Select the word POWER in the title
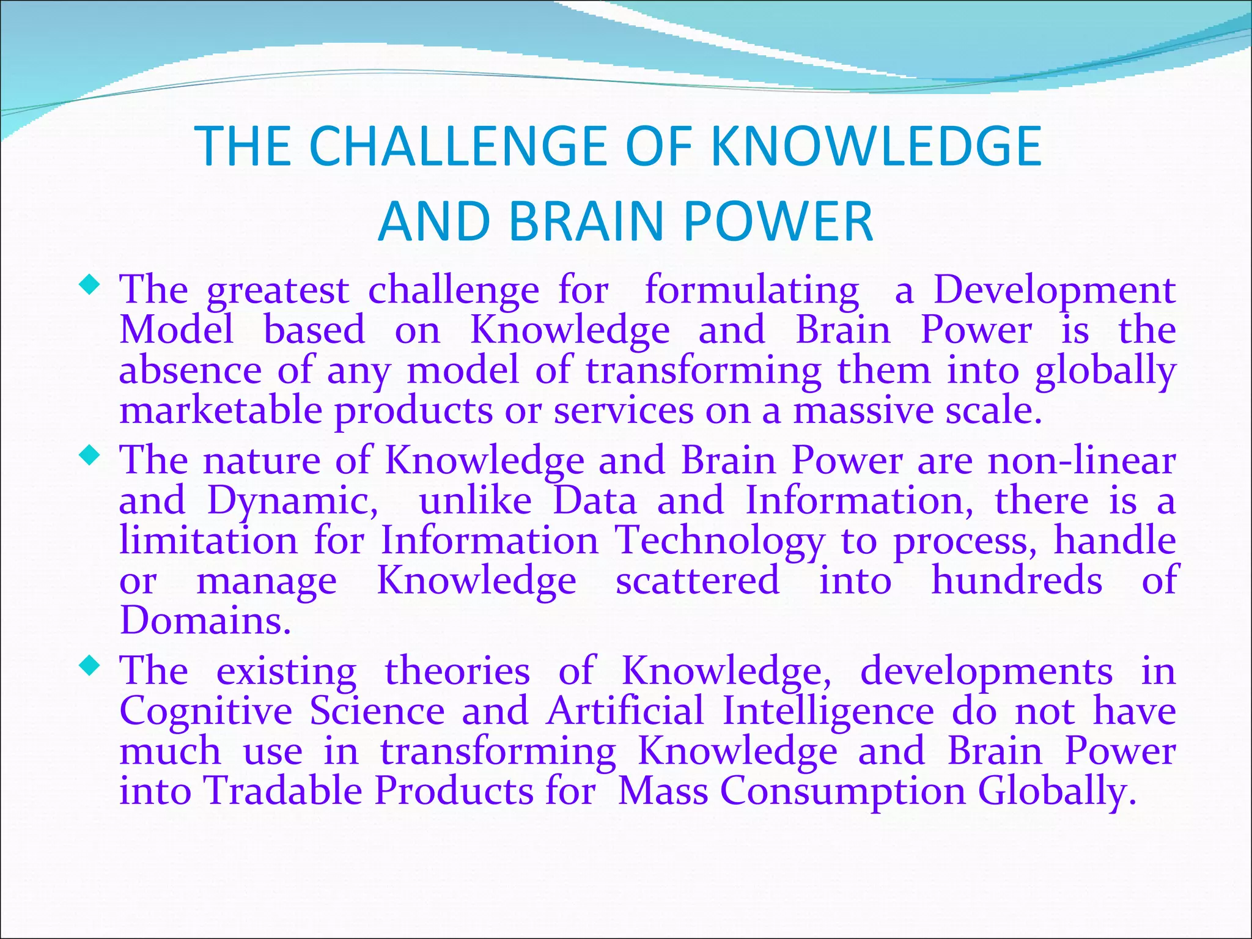click(778, 221)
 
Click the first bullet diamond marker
click(90, 284)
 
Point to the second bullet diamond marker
click(90, 455)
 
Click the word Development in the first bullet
click(1053, 290)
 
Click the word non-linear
click(1081, 460)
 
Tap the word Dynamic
click(293, 501)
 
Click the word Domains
click(205, 620)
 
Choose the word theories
click(457, 671)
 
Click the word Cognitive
click(206, 711)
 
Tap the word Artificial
click(625, 711)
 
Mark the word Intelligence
click(828, 711)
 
